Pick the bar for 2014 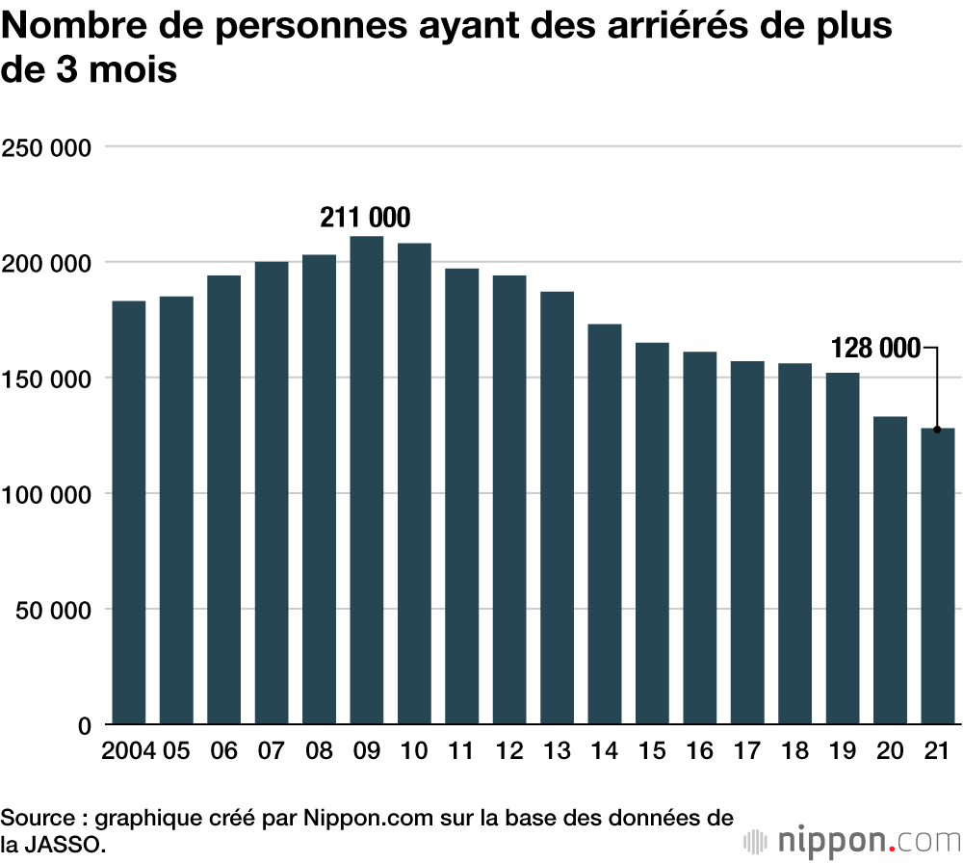(604, 524)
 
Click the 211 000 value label (365, 218)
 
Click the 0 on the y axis (84, 725)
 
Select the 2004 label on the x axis (128, 751)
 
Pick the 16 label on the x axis (699, 751)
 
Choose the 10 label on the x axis (414, 751)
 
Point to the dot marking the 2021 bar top (937, 430)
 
